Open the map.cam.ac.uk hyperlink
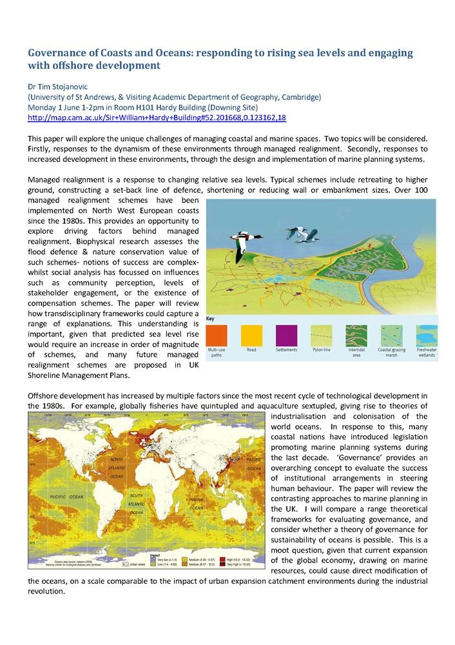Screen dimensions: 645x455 click(x=157, y=117)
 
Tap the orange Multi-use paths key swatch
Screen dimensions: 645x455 click(x=217, y=335)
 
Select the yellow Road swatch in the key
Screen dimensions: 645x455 click(x=251, y=335)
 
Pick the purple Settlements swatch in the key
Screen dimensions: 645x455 click(x=286, y=335)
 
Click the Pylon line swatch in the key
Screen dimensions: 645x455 click(x=322, y=335)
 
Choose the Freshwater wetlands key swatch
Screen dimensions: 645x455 click(x=426, y=335)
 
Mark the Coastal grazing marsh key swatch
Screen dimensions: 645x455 click(x=391, y=335)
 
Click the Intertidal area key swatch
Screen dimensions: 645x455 click(x=356, y=335)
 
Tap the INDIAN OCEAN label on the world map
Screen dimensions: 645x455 click(x=195, y=503)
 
